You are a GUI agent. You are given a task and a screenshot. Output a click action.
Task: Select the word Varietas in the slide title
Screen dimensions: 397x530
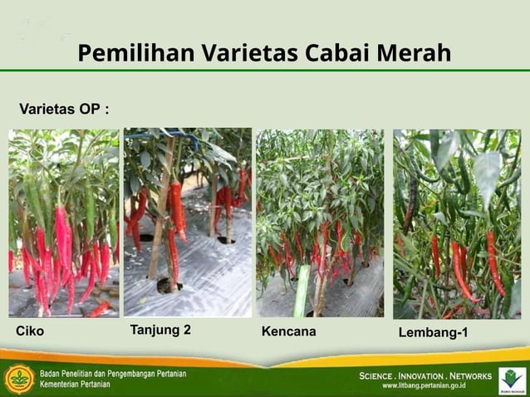pyautogui.click(x=248, y=53)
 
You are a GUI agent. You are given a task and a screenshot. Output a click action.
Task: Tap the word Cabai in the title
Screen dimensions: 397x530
pyautogui.click(x=340, y=53)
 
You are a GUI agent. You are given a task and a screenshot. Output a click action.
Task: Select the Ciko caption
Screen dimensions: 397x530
pyautogui.click(x=30, y=331)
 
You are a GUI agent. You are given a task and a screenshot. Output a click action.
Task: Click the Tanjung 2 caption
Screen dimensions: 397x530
pyautogui.click(x=160, y=330)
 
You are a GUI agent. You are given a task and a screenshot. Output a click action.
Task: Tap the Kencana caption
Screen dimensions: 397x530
pyautogui.click(x=288, y=331)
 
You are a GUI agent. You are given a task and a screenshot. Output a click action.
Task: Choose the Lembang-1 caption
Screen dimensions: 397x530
pyautogui.click(x=433, y=332)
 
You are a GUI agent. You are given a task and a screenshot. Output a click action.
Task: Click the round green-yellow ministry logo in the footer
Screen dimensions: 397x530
pyautogui.click(x=19, y=379)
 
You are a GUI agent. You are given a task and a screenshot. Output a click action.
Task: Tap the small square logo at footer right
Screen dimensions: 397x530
pyautogui.click(x=512, y=379)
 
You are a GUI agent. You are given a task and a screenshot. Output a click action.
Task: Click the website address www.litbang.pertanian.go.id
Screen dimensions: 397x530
pyautogui.click(x=424, y=386)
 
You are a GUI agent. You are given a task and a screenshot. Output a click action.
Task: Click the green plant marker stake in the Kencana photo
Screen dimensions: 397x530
pyautogui.click(x=302, y=291)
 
